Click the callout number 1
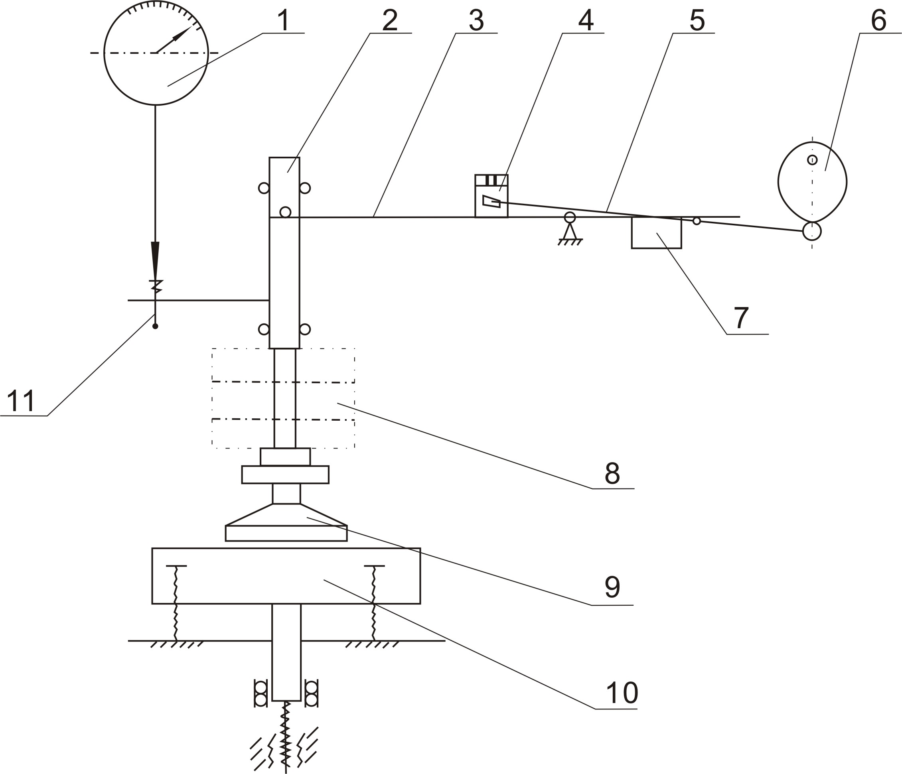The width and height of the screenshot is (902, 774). point(283,20)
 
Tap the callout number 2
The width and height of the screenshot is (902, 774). point(390,20)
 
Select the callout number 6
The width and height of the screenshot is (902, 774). point(878,20)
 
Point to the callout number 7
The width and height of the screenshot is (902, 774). point(741,317)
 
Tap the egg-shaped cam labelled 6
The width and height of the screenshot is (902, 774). point(812,181)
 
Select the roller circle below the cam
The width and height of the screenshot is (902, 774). point(812,231)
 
